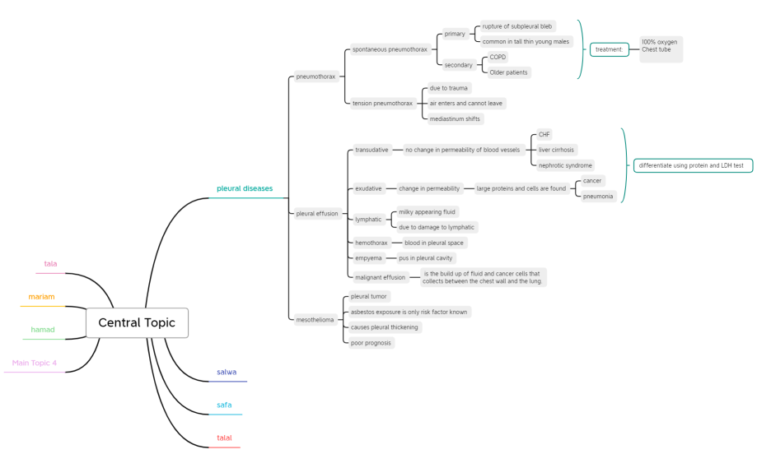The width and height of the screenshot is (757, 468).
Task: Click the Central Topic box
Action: point(137,322)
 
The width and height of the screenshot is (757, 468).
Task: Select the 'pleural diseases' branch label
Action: point(245,188)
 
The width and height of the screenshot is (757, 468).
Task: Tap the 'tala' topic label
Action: point(50,264)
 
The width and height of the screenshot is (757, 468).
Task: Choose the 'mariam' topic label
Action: point(41,297)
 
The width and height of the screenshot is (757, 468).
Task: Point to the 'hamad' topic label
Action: point(43,330)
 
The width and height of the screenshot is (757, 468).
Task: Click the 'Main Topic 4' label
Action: point(35,363)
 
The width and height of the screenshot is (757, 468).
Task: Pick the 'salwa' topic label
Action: point(227,372)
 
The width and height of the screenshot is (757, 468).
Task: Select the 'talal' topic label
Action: point(224,438)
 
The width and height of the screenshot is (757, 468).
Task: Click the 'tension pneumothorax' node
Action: point(382,103)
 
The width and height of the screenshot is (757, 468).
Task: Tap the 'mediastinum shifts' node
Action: point(455,118)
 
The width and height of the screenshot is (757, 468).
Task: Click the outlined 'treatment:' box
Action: point(610,49)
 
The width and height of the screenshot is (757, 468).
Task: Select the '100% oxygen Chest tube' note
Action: point(661,49)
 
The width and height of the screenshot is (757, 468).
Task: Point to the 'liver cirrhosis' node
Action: point(556,150)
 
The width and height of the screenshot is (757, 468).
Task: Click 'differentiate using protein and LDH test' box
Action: point(693,165)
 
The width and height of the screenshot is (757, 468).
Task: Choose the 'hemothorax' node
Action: point(371,243)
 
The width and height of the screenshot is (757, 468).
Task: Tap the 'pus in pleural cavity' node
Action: point(425,258)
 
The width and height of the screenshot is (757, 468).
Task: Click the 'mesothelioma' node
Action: point(315,320)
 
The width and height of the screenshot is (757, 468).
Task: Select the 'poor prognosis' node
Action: point(371,343)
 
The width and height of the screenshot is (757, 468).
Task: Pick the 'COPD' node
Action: point(498,57)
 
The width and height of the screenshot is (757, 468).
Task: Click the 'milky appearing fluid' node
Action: point(427,211)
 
